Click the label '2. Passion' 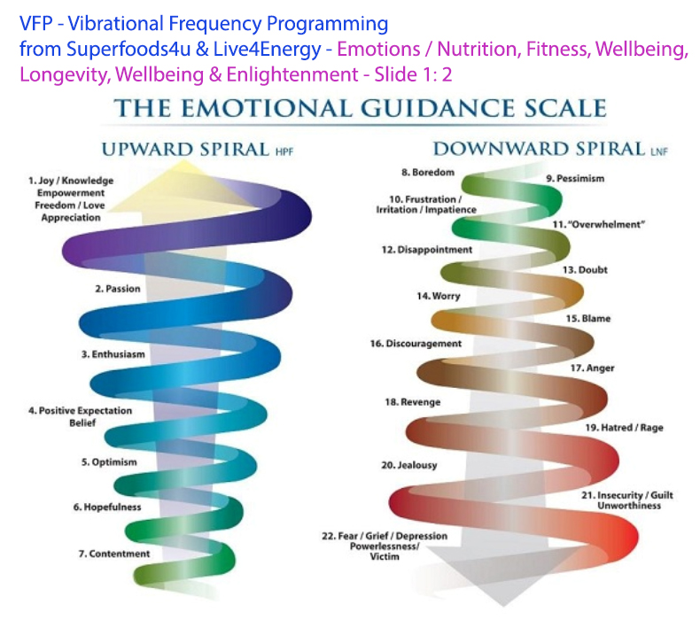(118, 289)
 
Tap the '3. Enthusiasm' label (113, 354)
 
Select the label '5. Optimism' (109, 462)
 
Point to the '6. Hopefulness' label (107, 507)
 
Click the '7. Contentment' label (114, 554)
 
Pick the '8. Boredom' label (428, 173)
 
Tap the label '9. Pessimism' (575, 179)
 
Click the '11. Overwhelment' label (599, 224)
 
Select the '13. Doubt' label (585, 270)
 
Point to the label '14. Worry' (439, 297)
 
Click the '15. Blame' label (588, 319)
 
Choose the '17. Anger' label (593, 368)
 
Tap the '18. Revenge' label (413, 402)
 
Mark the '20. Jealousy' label (409, 465)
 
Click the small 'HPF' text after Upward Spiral (284, 152)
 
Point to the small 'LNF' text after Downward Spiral (659, 151)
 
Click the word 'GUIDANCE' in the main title (438, 108)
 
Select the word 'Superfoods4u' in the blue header (128, 49)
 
